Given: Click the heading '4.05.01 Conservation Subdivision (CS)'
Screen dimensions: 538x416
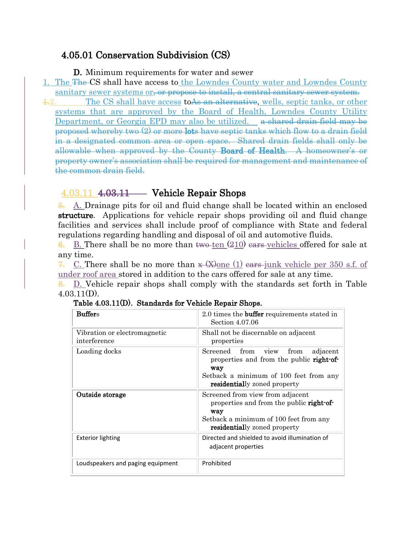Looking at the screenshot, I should pyautogui.click(x=146, y=55).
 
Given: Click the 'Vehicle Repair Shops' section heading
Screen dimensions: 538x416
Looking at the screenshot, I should pyautogui.click(x=199, y=193).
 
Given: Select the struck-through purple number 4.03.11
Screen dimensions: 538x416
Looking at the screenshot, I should pyautogui.click(x=114, y=193).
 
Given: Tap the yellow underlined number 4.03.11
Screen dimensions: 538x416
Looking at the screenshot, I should pyautogui.click(x=77, y=193).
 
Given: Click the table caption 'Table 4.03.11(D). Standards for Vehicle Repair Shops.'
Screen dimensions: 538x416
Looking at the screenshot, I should pyautogui.click(x=168, y=303).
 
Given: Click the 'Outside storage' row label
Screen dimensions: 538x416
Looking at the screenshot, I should pyautogui.click(x=101, y=395).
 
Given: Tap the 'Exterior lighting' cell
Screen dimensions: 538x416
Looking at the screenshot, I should pyautogui.click(x=98, y=438).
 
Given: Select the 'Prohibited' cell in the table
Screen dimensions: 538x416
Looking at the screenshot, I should pyautogui.click(x=216, y=463).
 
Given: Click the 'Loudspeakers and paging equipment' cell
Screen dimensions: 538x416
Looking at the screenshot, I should pyautogui.click(x=127, y=463).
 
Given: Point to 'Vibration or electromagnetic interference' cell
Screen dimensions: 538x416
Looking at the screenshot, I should pyautogui.click(x=121, y=337).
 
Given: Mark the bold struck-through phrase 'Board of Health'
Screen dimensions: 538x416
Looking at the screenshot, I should pyautogui.click(x=253, y=151).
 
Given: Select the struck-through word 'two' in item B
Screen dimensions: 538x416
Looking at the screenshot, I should pyautogui.click(x=202, y=245).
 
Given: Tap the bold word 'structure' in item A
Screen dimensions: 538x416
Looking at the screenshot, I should pyautogui.click(x=75, y=216).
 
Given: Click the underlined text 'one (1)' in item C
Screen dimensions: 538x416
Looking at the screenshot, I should pyautogui.click(x=230, y=264).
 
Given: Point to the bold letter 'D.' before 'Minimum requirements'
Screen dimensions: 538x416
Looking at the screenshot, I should pyautogui.click(x=77, y=72).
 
